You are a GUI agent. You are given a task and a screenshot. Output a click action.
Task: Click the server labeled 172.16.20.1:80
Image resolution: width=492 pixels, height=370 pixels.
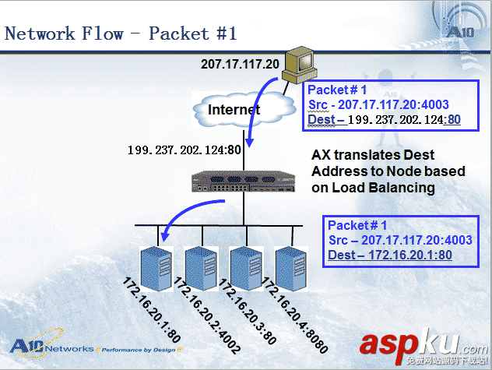coord(153,266)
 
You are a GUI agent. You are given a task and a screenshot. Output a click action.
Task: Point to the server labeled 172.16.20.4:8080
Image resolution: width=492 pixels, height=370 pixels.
coord(289,266)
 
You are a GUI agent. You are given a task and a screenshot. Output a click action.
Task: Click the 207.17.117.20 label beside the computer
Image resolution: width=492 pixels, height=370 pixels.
coord(240,64)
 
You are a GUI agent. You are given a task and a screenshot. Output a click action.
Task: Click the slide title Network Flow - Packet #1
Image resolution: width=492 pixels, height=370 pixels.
coord(121,33)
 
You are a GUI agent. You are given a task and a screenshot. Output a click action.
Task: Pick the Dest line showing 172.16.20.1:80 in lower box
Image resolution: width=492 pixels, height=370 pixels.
coord(390,255)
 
